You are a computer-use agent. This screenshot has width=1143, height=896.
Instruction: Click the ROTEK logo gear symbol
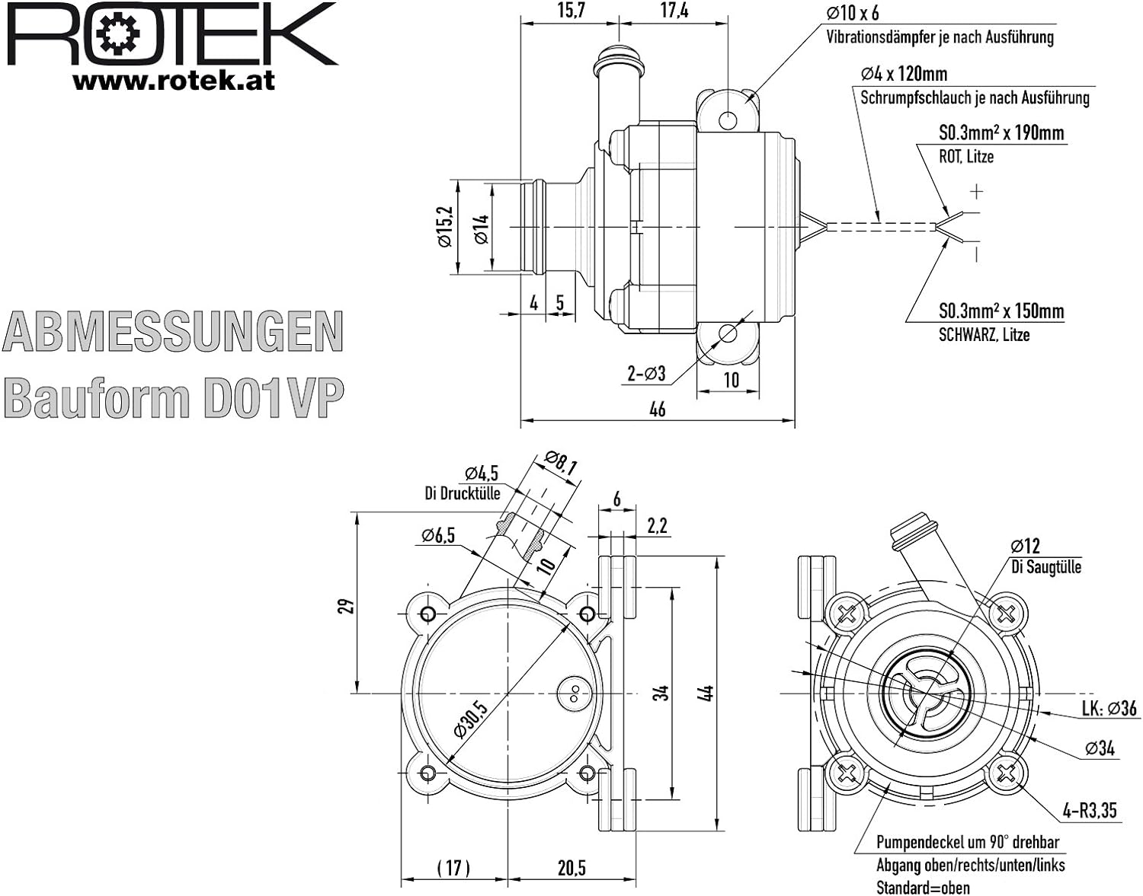click(x=119, y=34)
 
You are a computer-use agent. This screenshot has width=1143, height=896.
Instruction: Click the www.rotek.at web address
click(x=174, y=81)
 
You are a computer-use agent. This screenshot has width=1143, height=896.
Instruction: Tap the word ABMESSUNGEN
click(x=173, y=332)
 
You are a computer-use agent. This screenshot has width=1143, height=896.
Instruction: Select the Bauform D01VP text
click(x=174, y=397)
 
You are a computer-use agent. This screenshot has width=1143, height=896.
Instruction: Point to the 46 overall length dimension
click(x=658, y=408)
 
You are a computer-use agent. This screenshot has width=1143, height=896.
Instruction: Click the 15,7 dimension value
click(x=571, y=11)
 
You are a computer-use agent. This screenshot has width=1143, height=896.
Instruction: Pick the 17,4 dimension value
click(x=675, y=11)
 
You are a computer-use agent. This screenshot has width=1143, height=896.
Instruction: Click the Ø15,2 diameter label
click(x=444, y=227)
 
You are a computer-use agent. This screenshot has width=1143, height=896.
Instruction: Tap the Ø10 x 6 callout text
click(x=852, y=13)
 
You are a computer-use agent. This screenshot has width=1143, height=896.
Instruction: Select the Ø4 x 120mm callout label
click(x=904, y=74)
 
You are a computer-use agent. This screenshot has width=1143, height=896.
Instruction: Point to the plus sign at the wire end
click(x=977, y=192)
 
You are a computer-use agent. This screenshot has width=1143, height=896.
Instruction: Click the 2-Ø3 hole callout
click(x=646, y=374)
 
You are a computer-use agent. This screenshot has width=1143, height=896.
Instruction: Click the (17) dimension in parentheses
click(x=453, y=868)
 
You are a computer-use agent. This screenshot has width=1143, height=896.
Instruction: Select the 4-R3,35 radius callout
click(x=1090, y=810)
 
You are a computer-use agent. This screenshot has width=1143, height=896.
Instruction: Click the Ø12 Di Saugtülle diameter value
click(x=1025, y=546)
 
